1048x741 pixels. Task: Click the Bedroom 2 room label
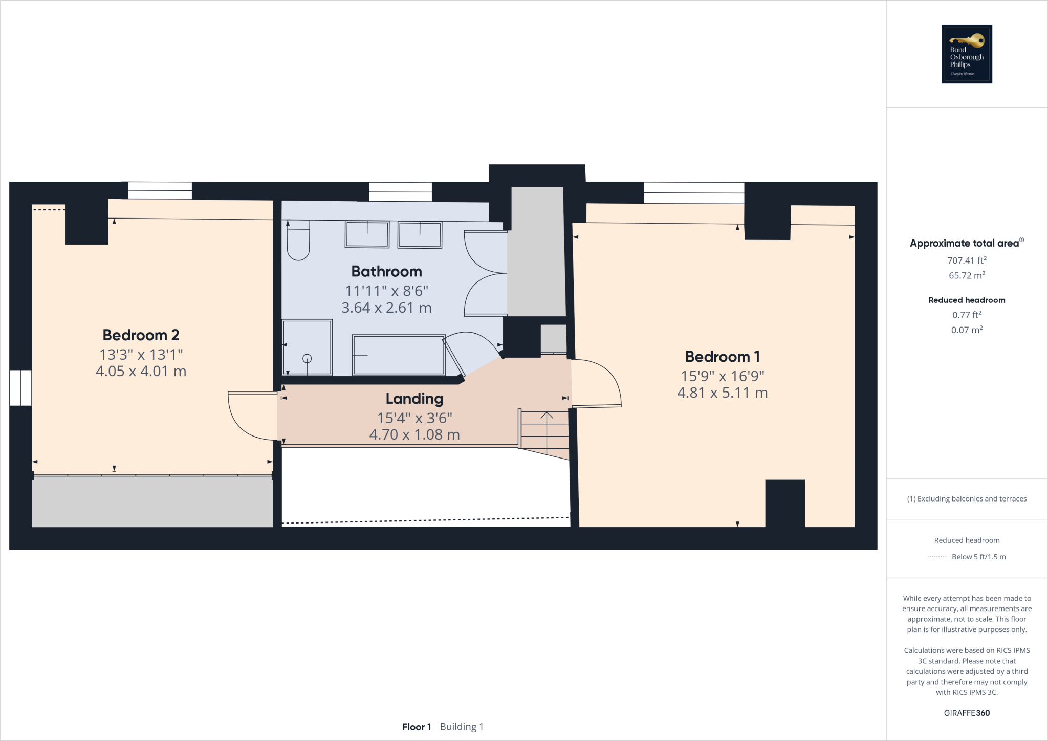click(x=141, y=335)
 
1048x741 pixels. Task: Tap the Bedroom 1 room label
click(x=722, y=357)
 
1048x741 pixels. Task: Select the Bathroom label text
click(x=386, y=271)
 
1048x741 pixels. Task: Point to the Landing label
click(x=414, y=399)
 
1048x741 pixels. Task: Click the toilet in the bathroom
click(x=298, y=241)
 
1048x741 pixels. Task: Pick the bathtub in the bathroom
click(x=399, y=355)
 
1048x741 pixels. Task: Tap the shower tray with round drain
click(x=307, y=347)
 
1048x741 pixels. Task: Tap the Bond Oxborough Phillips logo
click(x=967, y=54)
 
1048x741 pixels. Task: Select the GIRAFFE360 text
click(x=967, y=713)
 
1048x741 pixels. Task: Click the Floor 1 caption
click(x=417, y=727)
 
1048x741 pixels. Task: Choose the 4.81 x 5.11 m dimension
click(x=722, y=393)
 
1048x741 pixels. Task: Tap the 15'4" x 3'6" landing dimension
click(x=414, y=418)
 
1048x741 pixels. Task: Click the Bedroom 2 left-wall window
click(x=20, y=388)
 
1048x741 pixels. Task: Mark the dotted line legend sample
click(x=936, y=557)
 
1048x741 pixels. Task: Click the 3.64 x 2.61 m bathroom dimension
click(x=386, y=308)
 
